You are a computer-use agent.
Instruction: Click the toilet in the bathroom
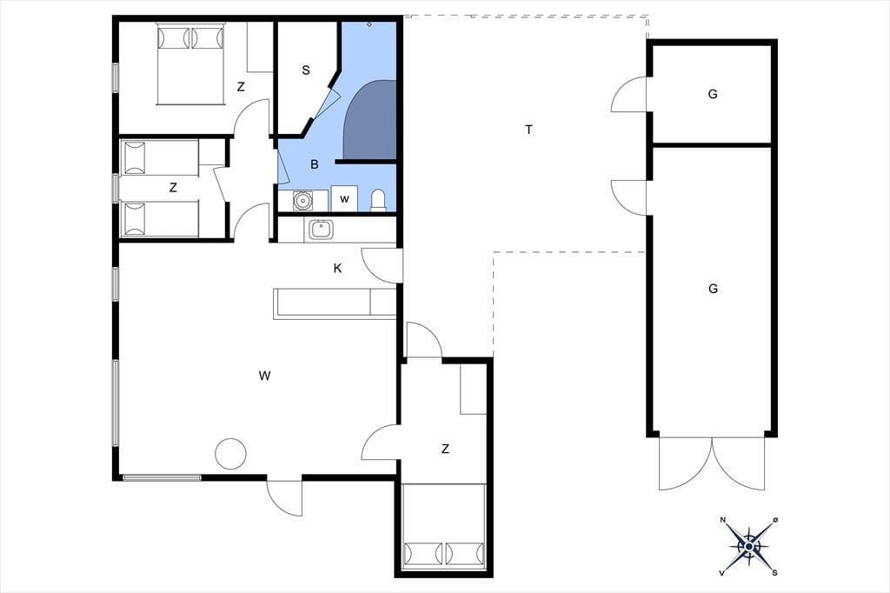click(x=378, y=201)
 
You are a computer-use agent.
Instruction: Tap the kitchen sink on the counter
click(x=322, y=230)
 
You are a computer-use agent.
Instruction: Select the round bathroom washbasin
click(x=302, y=200)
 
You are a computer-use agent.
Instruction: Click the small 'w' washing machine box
click(x=344, y=199)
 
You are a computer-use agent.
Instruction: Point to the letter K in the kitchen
click(x=338, y=268)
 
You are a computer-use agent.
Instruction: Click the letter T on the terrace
click(x=529, y=130)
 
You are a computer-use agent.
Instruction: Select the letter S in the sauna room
click(x=306, y=70)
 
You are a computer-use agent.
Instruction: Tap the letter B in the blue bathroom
click(x=315, y=164)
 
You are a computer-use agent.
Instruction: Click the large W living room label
click(x=264, y=376)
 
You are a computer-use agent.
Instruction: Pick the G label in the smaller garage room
click(x=713, y=94)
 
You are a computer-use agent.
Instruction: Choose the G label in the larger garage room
click(x=713, y=289)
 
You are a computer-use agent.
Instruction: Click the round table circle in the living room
click(x=231, y=453)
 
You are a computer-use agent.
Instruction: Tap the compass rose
click(x=748, y=546)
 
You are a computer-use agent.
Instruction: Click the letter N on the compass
click(x=723, y=520)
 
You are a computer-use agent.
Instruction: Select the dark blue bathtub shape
click(x=370, y=120)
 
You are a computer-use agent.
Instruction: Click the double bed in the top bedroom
click(x=190, y=63)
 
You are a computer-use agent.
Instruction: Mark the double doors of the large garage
click(x=713, y=463)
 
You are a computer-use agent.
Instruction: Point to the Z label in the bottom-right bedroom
click(x=445, y=450)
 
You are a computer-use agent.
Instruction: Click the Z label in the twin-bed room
click(x=173, y=188)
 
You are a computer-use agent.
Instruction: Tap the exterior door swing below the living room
click(x=284, y=497)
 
